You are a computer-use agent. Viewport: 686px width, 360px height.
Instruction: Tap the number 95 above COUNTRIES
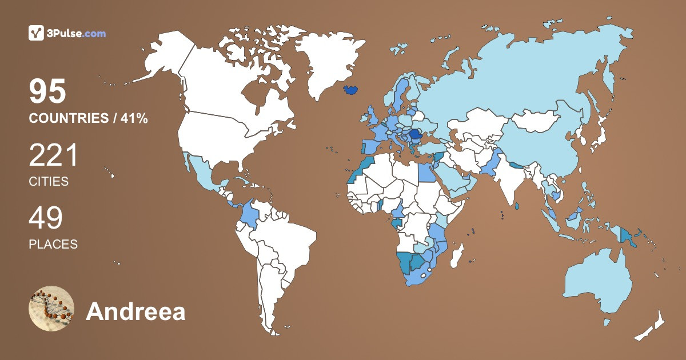[x=48, y=91]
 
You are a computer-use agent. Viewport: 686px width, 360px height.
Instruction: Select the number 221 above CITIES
[x=53, y=155]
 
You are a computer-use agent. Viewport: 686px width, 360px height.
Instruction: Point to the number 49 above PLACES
[x=46, y=218]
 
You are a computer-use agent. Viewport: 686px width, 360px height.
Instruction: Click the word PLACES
[x=53, y=244]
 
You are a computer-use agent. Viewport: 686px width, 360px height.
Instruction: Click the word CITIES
[x=49, y=182]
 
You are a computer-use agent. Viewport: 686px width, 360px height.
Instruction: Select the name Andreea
[x=135, y=312]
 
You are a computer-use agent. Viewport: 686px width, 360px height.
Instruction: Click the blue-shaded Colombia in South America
[x=249, y=215]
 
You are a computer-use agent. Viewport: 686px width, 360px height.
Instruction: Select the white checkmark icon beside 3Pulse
[x=36, y=33]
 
